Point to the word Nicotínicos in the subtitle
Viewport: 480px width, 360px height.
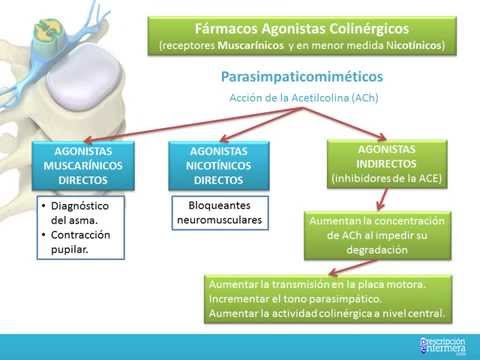pyautogui.click(x=399, y=46)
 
